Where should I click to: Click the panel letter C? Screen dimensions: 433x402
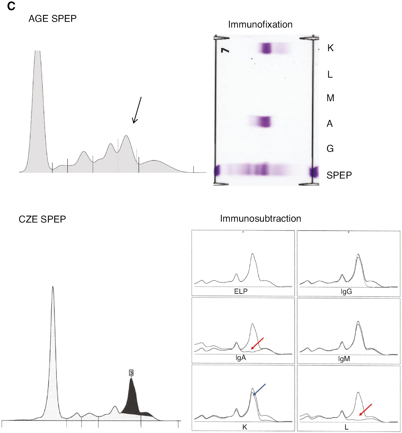pos(11,6)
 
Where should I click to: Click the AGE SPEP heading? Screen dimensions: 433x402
pos(53,19)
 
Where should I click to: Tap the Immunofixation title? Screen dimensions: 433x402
pos(260,24)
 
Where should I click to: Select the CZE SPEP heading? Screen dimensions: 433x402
pos(42,219)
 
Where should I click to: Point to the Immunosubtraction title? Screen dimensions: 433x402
pos(260,219)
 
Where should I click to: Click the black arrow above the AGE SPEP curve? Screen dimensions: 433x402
pos(137,110)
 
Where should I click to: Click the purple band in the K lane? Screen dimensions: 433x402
pos(266,48)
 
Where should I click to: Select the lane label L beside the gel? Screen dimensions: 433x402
pos(330,74)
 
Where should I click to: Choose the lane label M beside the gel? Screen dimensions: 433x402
pos(330,98)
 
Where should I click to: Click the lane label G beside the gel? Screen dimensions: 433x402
pos(330,149)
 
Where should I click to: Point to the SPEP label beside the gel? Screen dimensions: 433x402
pos(339,175)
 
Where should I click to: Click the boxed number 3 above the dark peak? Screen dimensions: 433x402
pos(131,373)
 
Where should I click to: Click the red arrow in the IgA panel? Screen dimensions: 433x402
pos(257,343)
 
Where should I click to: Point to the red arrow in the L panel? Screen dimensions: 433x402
pos(366,410)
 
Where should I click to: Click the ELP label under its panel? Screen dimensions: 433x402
pos(241,291)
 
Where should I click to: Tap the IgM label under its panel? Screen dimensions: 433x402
pos(344,359)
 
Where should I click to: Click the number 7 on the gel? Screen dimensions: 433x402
pos(225,50)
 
